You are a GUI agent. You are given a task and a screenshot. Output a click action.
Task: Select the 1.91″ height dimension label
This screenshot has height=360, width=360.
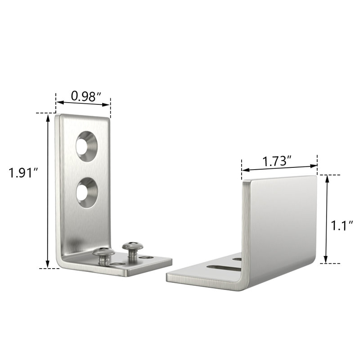22,173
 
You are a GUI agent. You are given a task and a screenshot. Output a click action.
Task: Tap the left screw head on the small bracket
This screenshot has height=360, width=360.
103,255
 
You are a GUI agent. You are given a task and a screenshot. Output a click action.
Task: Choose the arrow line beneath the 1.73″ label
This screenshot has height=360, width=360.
279,169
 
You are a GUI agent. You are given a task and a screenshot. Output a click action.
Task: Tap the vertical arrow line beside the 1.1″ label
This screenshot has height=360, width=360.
327,219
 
